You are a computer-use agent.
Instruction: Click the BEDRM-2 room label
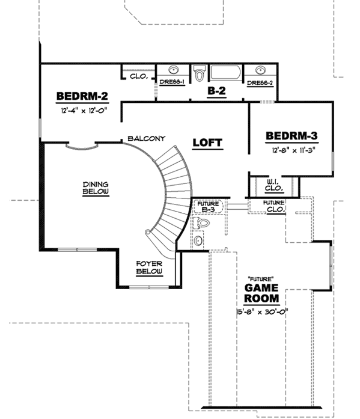(x=82, y=96)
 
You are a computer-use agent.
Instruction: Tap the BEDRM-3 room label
(x=291, y=136)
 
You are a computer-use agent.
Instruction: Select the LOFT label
(x=207, y=143)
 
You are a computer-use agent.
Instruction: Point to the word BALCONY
(x=146, y=139)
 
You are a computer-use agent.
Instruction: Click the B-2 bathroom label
(x=216, y=91)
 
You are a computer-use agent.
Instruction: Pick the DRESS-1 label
(x=171, y=83)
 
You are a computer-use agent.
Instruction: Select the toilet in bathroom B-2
(x=199, y=73)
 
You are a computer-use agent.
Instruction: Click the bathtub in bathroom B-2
(x=225, y=73)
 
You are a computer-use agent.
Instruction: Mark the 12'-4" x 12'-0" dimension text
(x=82, y=110)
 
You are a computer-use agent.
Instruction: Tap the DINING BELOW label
(x=96, y=188)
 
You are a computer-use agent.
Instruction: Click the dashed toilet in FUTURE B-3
(x=203, y=224)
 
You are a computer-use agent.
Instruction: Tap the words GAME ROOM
(x=261, y=293)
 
